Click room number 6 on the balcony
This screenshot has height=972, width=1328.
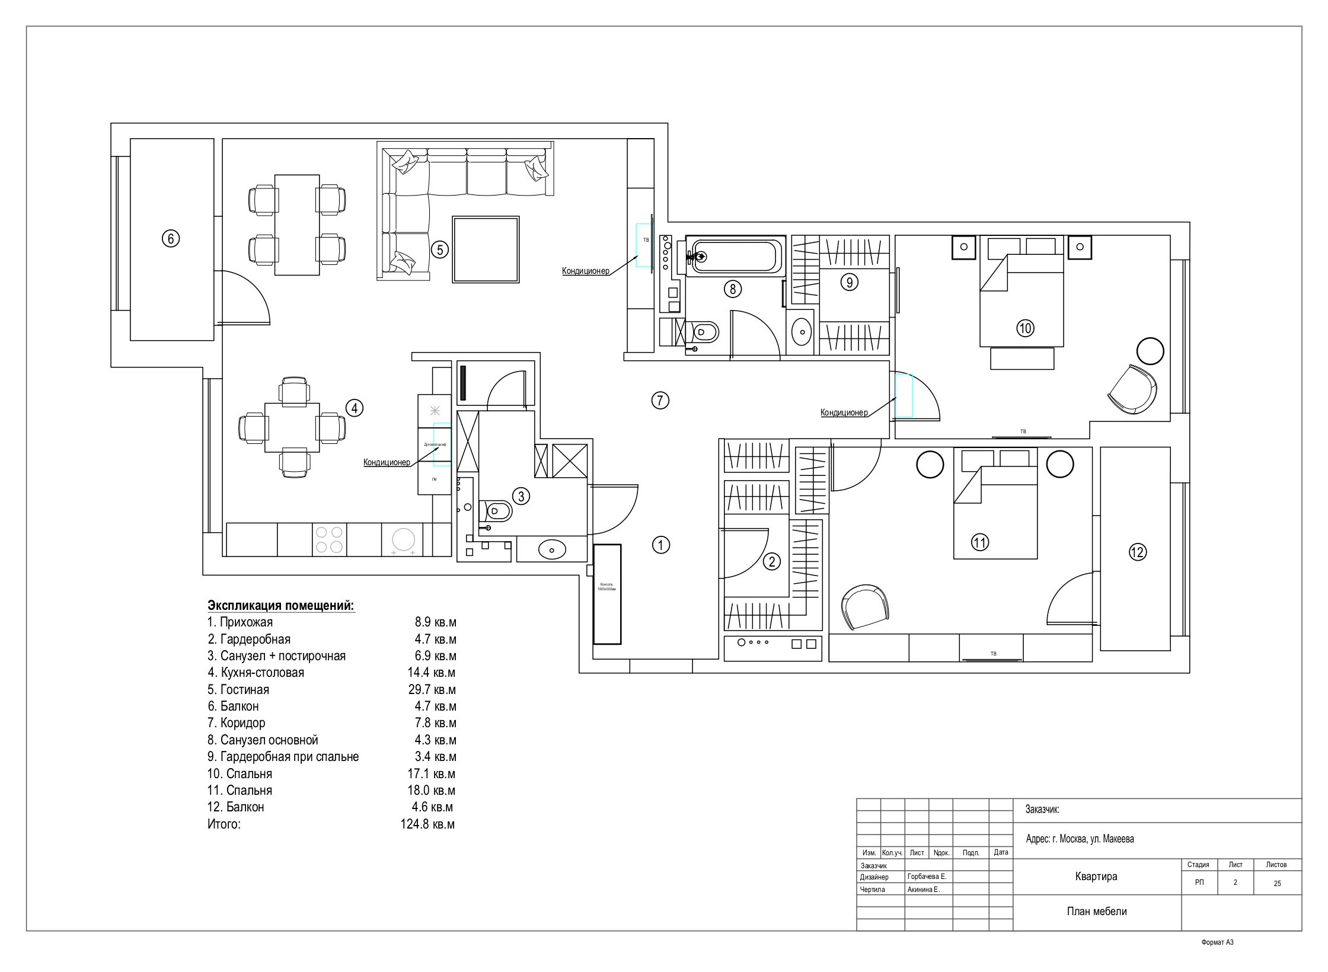click(170, 238)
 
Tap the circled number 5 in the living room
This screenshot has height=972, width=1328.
click(439, 250)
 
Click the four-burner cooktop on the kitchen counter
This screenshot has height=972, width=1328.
click(329, 539)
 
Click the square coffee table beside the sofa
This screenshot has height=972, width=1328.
click(486, 249)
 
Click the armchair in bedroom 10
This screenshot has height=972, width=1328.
click(1132, 389)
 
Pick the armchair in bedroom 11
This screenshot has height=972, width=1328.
click(865, 607)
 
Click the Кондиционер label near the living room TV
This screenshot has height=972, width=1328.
click(585, 271)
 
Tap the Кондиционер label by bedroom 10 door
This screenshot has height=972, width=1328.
click(844, 413)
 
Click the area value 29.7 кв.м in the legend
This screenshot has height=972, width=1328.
click(427, 689)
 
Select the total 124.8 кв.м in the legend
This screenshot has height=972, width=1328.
click(427, 824)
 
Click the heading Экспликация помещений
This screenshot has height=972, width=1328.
click(281, 605)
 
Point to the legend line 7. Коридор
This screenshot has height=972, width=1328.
click(237, 722)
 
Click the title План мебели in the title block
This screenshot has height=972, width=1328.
click(1096, 912)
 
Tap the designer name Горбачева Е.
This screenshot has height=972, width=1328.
click(927, 877)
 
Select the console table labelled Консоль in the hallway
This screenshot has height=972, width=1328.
click(607, 594)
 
